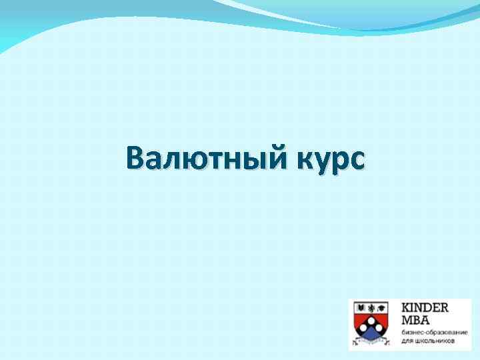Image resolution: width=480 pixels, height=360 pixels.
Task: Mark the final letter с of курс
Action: point(356,161)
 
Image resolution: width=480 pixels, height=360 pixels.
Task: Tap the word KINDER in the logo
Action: point(425,307)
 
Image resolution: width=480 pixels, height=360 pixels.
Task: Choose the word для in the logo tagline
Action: point(406,340)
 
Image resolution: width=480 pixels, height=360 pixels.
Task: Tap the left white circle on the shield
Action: point(363,327)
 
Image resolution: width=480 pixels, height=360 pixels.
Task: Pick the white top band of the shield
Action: point(372,307)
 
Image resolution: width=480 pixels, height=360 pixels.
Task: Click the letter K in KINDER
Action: point(405,307)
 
